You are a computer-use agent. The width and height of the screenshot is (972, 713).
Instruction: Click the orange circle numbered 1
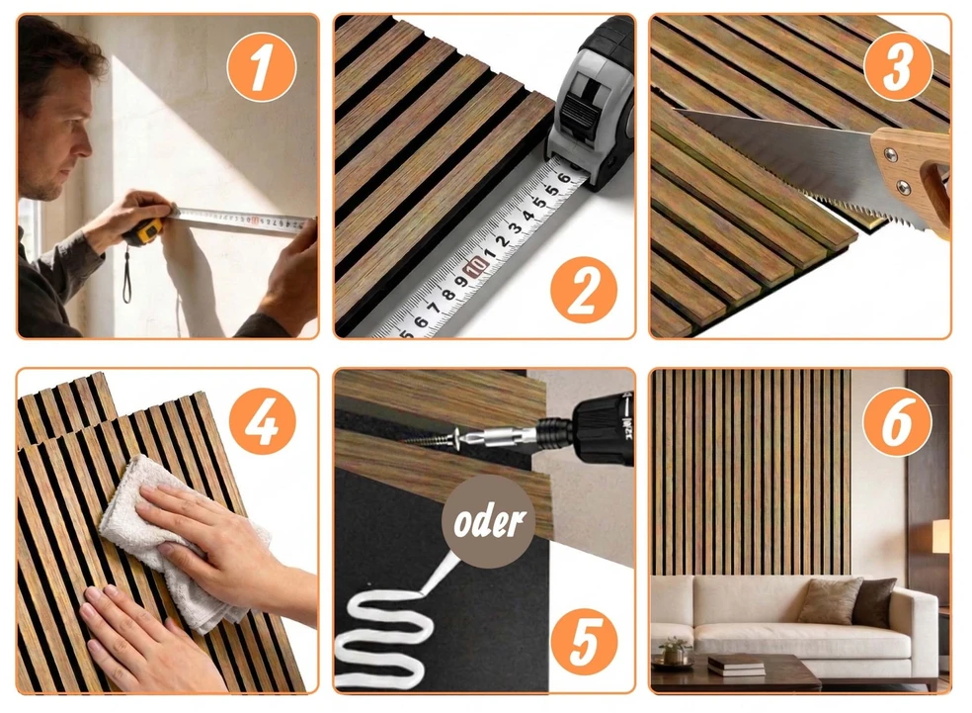click(262, 67)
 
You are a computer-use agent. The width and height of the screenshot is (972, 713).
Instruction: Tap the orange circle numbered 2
click(584, 290)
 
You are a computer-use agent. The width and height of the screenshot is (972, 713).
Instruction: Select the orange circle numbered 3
click(898, 67)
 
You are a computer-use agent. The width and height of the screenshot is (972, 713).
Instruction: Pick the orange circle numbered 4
click(262, 421)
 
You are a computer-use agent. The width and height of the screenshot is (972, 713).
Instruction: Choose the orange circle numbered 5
click(584, 642)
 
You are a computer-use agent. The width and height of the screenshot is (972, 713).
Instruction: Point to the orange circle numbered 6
click(898, 422)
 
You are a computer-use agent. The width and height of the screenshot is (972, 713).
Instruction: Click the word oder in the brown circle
click(489, 521)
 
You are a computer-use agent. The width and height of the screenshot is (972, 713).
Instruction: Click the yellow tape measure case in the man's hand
click(143, 231)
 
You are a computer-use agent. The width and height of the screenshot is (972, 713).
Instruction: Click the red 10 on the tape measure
click(476, 268)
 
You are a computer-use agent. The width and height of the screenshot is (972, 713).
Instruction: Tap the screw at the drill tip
click(430, 439)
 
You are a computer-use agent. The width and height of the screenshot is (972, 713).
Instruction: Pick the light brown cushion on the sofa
click(830, 599)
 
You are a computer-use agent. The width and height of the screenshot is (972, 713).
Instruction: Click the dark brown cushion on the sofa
click(874, 601)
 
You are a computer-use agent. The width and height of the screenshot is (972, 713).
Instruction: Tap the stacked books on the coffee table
click(736, 664)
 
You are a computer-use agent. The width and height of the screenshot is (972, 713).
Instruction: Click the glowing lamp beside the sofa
click(941, 536)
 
